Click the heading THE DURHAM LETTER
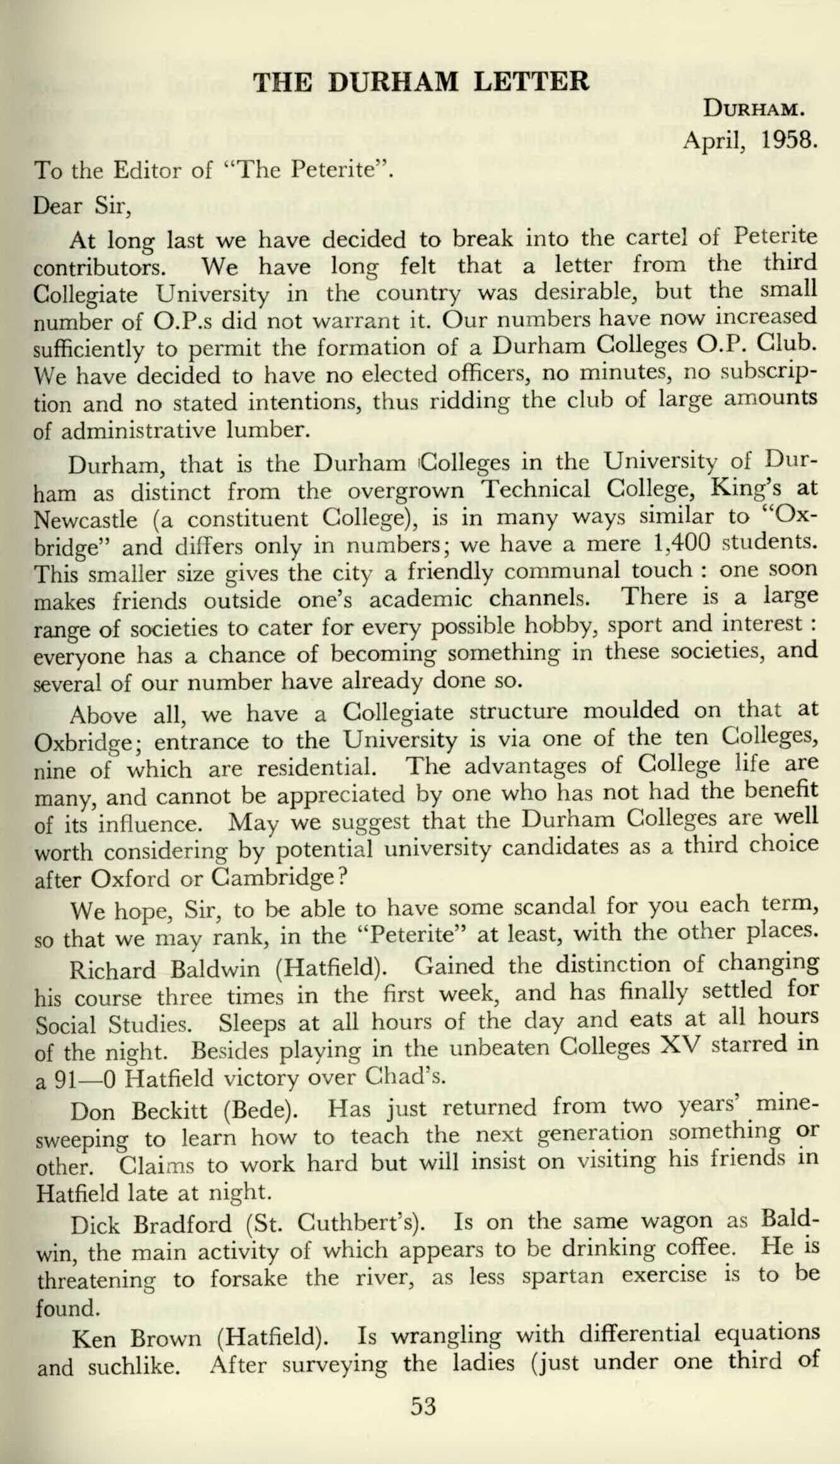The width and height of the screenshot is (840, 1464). (421, 83)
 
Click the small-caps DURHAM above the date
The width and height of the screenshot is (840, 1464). (753, 110)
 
